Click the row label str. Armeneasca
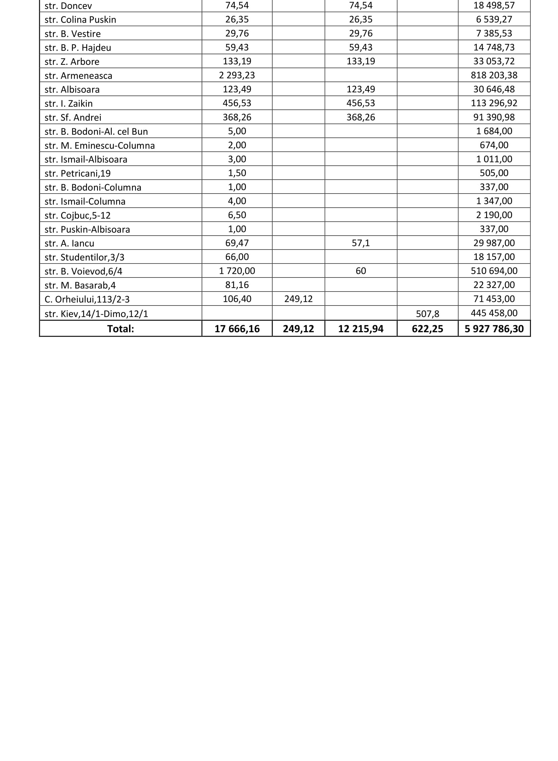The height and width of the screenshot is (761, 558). pos(78,76)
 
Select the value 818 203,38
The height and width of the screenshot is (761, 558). pos(494,75)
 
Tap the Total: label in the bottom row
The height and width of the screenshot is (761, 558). pos(121,329)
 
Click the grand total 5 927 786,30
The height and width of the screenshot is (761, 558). pos(494,329)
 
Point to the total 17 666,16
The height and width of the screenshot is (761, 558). pos(237,329)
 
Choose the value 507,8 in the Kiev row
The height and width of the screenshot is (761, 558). pos(427,314)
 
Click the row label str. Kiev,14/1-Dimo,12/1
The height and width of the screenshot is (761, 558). pos(96,314)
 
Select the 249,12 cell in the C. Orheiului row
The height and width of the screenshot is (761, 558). pos(298,299)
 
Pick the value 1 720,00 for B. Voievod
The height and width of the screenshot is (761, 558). pos(237,271)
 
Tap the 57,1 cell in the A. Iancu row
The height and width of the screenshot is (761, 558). pos(361,243)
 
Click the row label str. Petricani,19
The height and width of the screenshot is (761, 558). pos(78,174)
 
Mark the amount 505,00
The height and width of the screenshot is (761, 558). pos(494,173)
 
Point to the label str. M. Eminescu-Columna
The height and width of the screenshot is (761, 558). pos(100,146)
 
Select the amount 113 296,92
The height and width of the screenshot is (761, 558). pos(494,103)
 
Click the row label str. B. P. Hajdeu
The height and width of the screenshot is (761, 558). pos(78,48)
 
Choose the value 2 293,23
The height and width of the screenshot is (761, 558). pos(237,75)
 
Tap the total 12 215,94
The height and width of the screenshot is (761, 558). pos(361,329)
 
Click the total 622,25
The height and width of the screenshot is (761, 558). pos(427,329)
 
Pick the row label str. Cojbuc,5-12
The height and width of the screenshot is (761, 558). pos(78,215)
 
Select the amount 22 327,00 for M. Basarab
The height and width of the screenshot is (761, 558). pos(494,285)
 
